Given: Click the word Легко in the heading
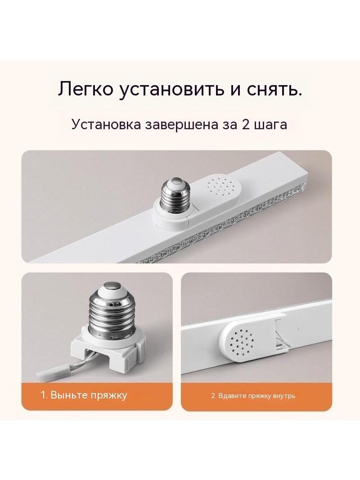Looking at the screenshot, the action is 85,90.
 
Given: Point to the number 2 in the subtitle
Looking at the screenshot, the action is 246,125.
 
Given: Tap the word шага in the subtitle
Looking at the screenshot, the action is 271,125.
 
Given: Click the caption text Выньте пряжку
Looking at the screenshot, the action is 88,395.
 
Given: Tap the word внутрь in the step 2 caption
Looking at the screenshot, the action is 284,396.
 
